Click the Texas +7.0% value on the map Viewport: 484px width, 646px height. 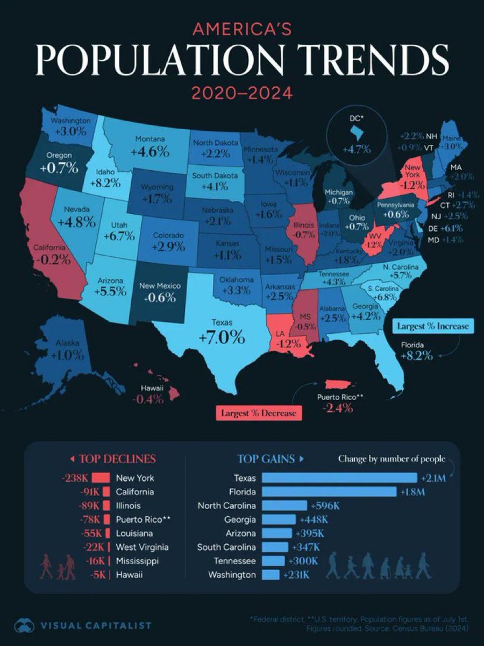(222, 338)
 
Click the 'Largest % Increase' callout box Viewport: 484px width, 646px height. (432, 326)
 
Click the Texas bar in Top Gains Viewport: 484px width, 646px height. (339, 478)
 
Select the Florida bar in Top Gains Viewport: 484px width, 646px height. (329, 491)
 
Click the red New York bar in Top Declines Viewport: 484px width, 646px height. (101, 478)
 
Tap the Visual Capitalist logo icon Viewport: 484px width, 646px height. (24, 625)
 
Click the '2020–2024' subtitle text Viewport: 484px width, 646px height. (242, 92)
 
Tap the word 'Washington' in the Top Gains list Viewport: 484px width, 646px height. (232, 575)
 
